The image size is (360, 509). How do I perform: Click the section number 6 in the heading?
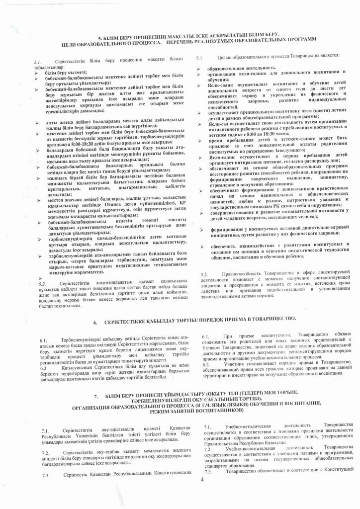click(x=96, y=323)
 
